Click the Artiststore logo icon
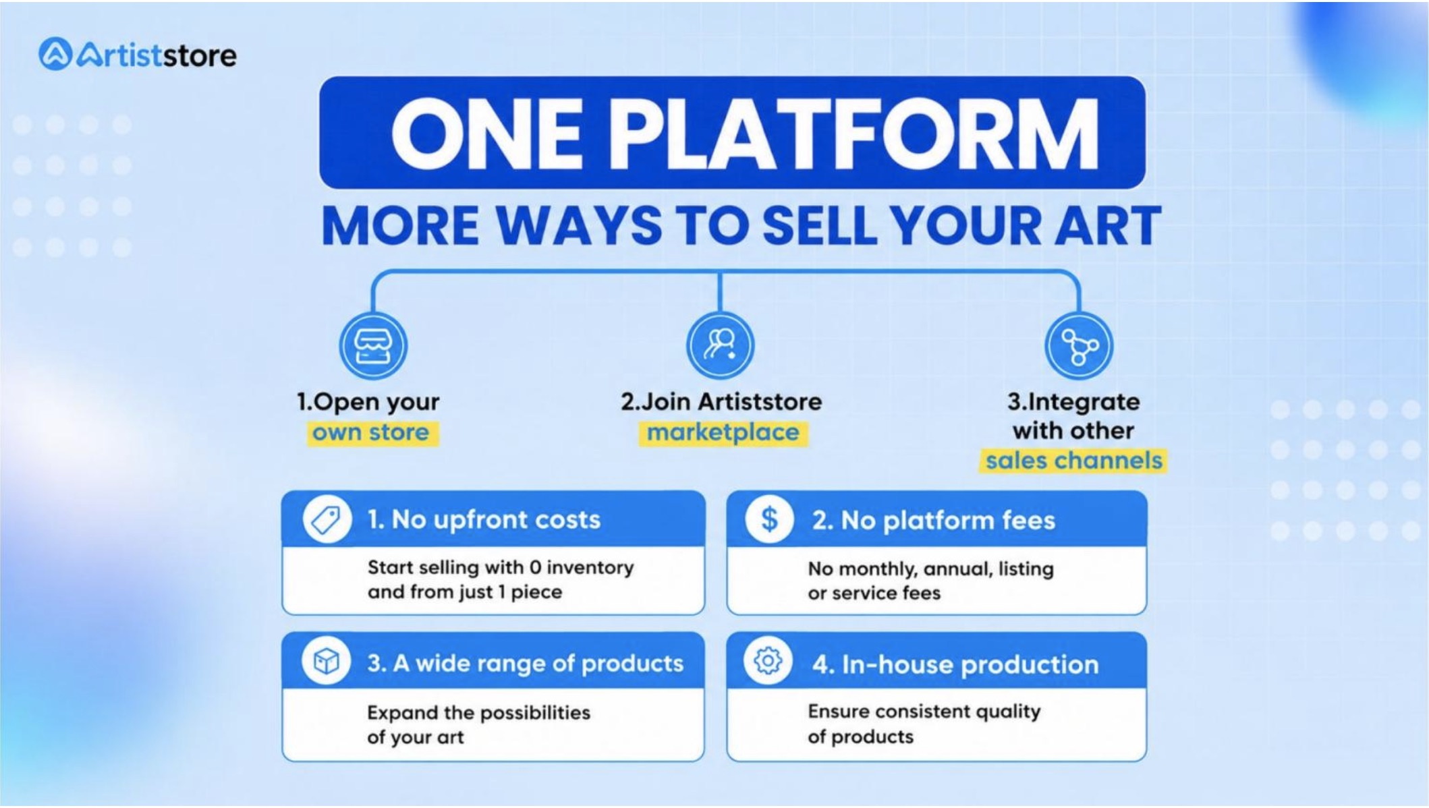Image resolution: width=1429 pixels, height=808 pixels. (55, 54)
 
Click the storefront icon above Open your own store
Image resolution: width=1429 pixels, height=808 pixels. (373, 346)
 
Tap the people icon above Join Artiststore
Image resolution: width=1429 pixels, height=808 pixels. (720, 345)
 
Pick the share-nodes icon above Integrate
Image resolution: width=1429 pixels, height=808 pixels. (1078, 346)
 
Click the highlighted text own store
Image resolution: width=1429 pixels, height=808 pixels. (370, 432)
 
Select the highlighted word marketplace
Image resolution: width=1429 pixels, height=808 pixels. (723, 432)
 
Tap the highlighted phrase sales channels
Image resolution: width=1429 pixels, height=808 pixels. (1073, 461)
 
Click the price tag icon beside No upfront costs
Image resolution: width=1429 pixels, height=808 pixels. (327, 520)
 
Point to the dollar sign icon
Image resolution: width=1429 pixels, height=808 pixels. (769, 520)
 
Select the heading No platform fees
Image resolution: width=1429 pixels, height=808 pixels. (933, 521)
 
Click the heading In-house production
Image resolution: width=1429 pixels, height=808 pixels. (955, 665)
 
